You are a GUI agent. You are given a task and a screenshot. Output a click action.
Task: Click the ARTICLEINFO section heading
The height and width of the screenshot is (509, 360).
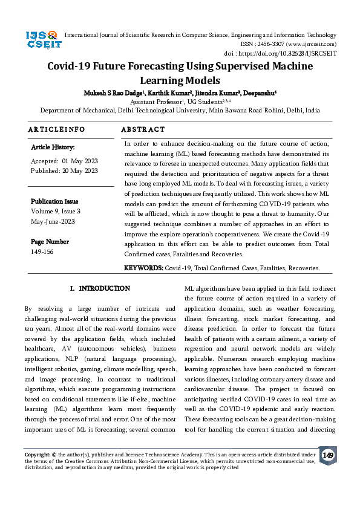pos(57,129)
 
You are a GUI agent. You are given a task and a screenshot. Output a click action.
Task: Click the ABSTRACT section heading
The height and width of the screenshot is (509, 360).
pos(143,129)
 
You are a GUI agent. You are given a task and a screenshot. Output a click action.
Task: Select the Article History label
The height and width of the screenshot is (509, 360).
pos(53,148)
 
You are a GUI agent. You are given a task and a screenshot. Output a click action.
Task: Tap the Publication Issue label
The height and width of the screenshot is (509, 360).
pos(54,201)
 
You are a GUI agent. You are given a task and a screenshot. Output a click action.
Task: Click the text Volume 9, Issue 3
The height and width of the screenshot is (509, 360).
pos(56,211)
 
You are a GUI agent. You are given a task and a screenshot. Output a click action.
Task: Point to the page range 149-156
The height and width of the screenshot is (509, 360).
pos(42,251)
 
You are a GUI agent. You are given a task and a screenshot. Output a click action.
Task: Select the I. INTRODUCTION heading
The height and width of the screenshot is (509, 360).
pos(100,288)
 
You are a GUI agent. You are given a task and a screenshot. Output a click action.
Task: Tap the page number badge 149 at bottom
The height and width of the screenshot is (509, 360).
pos(327,455)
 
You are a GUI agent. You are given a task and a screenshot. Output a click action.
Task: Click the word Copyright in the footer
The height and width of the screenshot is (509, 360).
pos(37,453)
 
